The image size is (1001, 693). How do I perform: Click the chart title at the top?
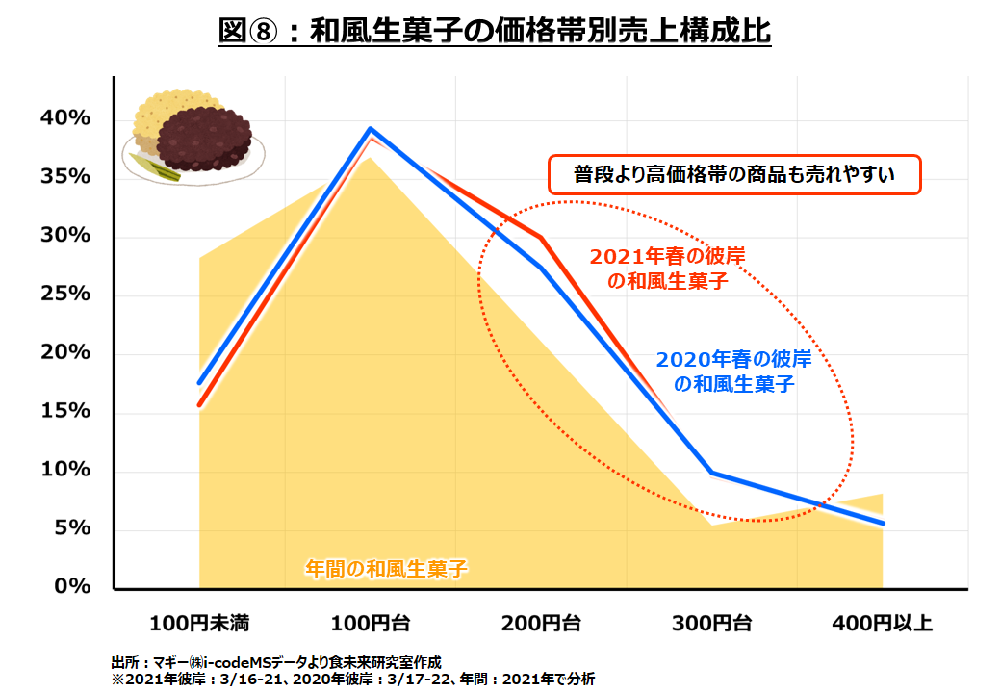point(495,31)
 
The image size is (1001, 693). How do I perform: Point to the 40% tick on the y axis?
point(64,118)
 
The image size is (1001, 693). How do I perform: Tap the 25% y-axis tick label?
point(64,294)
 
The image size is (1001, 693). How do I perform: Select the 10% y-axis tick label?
point(64,470)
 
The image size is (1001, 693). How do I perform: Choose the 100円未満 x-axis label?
point(199,624)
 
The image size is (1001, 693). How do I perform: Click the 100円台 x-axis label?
point(371,624)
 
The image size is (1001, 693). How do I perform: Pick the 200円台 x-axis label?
point(541,624)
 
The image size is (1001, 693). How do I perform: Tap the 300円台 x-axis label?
point(712,624)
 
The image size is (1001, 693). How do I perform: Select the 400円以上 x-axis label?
point(883,624)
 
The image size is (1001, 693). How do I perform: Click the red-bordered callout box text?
point(734,175)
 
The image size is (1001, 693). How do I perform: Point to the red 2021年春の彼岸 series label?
point(667,269)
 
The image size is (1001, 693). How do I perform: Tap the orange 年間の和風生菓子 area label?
point(386,568)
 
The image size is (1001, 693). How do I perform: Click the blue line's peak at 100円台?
point(371,128)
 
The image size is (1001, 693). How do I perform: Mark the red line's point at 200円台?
point(541,237)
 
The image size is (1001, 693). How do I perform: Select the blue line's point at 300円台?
point(712,473)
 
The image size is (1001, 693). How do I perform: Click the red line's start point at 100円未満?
point(199,405)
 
